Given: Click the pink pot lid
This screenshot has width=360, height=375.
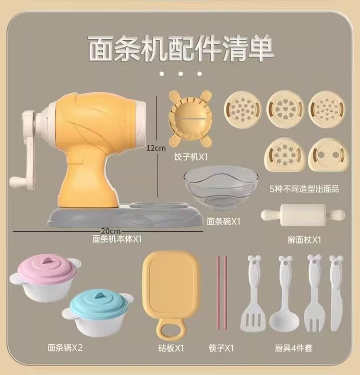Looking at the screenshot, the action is pyautogui.click(x=46, y=267).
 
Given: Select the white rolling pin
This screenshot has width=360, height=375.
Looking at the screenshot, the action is pyautogui.click(x=303, y=215).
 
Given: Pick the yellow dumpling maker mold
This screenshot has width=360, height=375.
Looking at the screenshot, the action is pyautogui.click(x=190, y=118).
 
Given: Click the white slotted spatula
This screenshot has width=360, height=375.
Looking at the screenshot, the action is pyautogui.click(x=253, y=293).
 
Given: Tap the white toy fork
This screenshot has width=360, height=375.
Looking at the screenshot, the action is pyautogui.click(x=314, y=293).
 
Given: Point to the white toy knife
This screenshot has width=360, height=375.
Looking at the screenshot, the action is pyautogui.click(x=336, y=293).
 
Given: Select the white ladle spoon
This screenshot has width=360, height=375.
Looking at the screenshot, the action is pyautogui.click(x=285, y=294).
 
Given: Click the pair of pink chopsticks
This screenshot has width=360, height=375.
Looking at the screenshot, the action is pyautogui.click(x=222, y=293).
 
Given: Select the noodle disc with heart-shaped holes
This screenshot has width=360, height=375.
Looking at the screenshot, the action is pyautogui.click(x=285, y=109).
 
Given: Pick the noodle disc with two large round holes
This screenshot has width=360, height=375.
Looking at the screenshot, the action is pyautogui.click(x=328, y=155).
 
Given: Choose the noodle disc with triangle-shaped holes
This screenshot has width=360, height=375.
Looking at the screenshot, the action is pyautogui.click(x=326, y=109).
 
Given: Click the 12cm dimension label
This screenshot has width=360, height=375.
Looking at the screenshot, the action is pyautogui.click(x=156, y=148).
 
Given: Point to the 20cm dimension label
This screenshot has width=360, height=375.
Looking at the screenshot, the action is pyautogui.click(x=110, y=231).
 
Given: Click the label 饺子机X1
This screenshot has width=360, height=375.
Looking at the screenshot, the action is pyautogui.click(x=191, y=157).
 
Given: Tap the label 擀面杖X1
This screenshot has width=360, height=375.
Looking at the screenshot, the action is pyautogui.click(x=304, y=240).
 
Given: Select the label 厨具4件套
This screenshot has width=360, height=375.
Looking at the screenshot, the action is pyautogui.click(x=293, y=348).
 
